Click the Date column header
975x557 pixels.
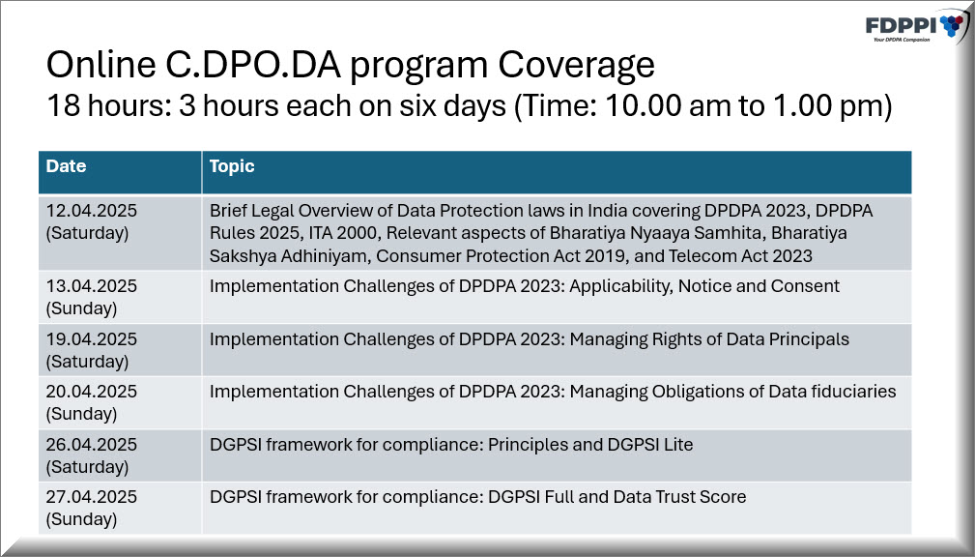tap(66, 166)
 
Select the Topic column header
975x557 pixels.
tap(232, 166)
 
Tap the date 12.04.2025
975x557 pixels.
tap(92, 211)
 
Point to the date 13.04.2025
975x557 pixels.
tap(92, 286)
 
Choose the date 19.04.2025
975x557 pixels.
tap(92, 339)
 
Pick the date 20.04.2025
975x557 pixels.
tap(92, 392)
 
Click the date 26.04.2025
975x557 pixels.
tap(92, 445)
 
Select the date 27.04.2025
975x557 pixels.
tap(92, 497)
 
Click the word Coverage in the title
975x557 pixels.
tap(576, 66)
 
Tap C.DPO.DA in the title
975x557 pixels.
tap(252, 64)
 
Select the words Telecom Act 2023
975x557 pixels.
tap(740, 256)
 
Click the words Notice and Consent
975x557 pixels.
tap(759, 286)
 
